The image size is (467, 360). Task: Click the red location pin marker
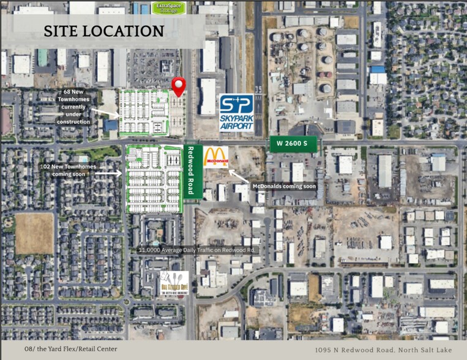(x=178, y=86)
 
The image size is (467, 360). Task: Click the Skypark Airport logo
(x=236, y=112)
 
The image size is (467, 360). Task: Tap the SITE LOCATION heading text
(x=103, y=31)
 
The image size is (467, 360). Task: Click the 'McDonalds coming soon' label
(x=284, y=186)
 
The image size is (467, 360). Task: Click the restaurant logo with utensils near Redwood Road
(x=174, y=283)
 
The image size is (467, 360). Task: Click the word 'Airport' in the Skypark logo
(x=236, y=126)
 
